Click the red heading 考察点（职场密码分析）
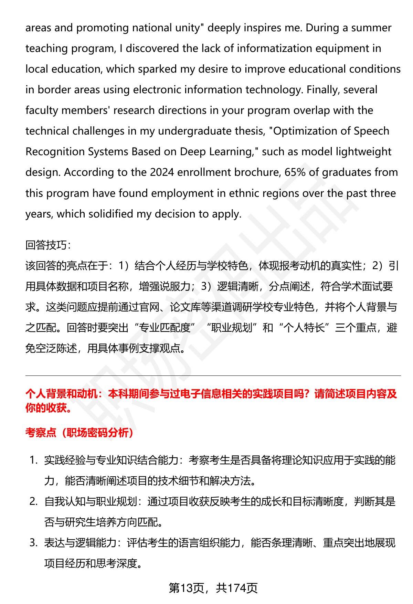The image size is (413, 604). pyautogui.click(x=80, y=433)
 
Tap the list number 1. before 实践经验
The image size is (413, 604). pyautogui.click(x=33, y=460)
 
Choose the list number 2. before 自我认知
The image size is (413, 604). pyautogui.click(x=33, y=501)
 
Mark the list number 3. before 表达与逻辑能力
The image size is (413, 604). pyautogui.click(x=33, y=543)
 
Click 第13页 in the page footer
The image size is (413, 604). pyautogui.click(x=186, y=588)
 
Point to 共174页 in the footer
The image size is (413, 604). pyautogui.click(x=237, y=588)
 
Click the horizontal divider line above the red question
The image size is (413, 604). pyautogui.click(x=213, y=375)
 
